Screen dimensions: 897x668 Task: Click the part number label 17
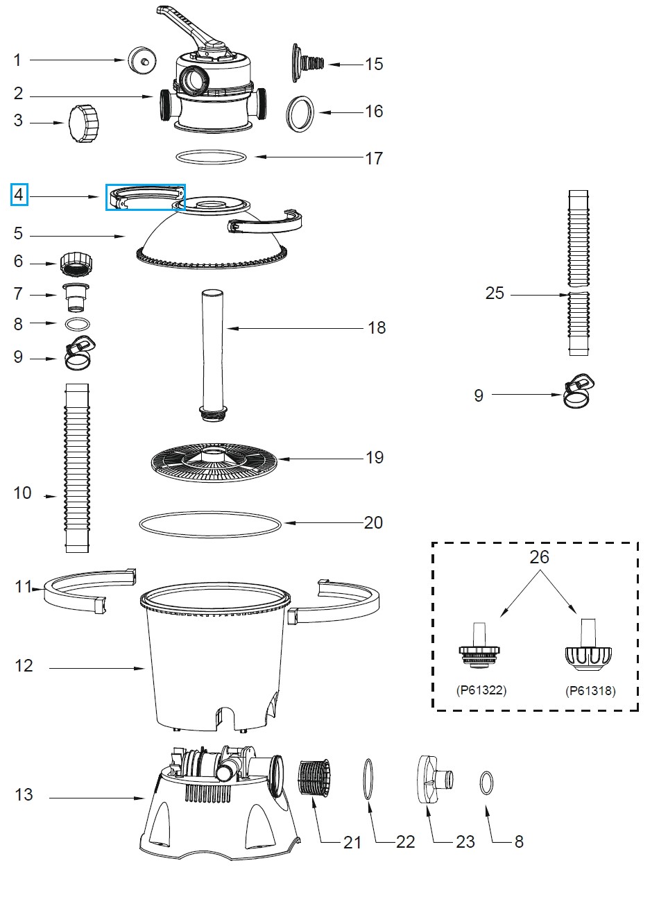coord(374,158)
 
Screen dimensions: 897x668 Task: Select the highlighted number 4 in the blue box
coord(19,195)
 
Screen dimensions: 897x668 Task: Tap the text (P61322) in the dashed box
coord(481,690)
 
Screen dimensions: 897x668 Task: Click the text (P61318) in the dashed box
coord(590,690)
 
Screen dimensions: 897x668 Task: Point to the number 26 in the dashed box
coord(539,556)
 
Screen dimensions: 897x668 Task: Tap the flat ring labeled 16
coord(301,113)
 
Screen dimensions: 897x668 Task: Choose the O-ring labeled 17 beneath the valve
coord(212,157)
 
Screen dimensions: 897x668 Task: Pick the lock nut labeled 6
coord(77,263)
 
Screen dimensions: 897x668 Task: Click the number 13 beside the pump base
coord(24,794)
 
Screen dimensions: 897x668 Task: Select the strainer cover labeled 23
coord(431,779)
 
